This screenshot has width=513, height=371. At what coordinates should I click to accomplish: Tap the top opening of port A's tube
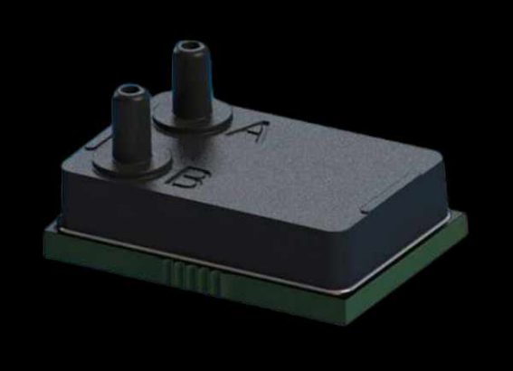pyautogui.click(x=187, y=45)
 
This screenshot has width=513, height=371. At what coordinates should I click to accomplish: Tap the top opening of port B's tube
pyautogui.click(x=128, y=91)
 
